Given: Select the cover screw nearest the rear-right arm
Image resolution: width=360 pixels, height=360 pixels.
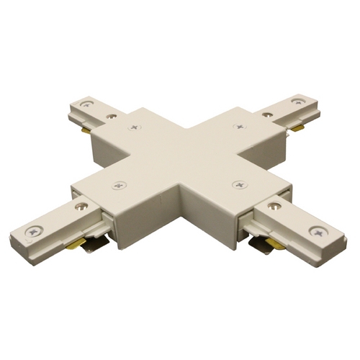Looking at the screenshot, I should coord(238,126).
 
